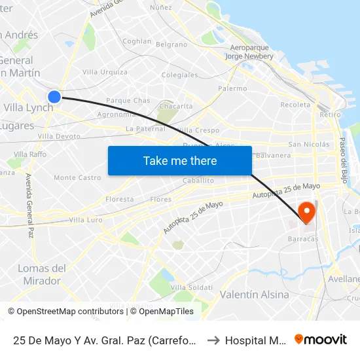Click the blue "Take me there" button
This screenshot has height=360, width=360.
point(180,160)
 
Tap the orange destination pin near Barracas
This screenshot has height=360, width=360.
point(306,213)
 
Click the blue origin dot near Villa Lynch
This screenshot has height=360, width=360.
point(54,97)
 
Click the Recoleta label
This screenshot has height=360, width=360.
point(295,105)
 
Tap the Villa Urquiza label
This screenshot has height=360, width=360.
point(105,72)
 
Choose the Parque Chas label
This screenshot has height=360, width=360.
point(128,101)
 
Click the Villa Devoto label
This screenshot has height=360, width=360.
point(59,136)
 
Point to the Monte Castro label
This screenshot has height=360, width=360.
point(77,177)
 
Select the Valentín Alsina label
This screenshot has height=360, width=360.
point(255,295)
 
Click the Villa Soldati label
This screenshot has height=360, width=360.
point(191,287)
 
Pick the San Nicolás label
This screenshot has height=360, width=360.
point(308,144)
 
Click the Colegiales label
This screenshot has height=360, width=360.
point(179,75)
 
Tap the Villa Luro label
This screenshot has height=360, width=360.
point(86,220)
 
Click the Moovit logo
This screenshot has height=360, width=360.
point(321,339)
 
